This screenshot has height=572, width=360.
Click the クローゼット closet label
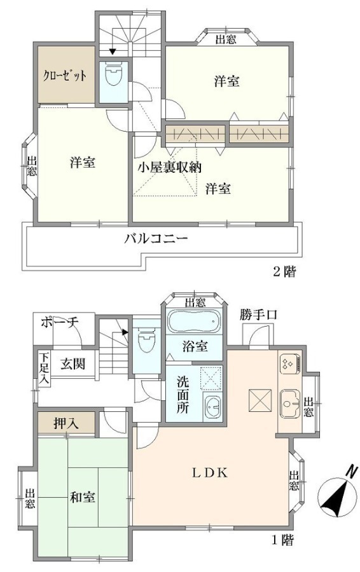click(x=65, y=76)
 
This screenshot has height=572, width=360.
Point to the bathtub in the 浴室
click(x=194, y=321)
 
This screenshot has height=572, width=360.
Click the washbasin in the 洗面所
click(x=212, y=406)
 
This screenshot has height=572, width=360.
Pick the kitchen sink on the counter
click(x=290, y=403)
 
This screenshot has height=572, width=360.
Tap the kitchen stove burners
click(x=289, y=364)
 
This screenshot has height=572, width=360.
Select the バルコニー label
click(x=156, y=240)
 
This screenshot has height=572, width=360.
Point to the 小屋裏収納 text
click(x=169, y=167)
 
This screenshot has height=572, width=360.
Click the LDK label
click(x=211, y=473)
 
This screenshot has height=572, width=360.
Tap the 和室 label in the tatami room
click(x=83, y=496)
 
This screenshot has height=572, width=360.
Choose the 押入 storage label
click(x=66, y=423)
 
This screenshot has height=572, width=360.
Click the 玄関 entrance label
click(x=73, y=364)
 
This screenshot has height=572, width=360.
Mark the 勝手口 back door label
click(x=258, y=315)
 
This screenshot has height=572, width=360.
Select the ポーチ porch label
click(x=60, y=322)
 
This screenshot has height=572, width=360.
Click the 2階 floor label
click(x=284, y=271)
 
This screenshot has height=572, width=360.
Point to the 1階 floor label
click(x=282, y=540)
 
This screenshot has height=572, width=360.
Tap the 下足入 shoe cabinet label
click(x=44, y=368)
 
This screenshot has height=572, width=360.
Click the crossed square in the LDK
click(x=260, y=400)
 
